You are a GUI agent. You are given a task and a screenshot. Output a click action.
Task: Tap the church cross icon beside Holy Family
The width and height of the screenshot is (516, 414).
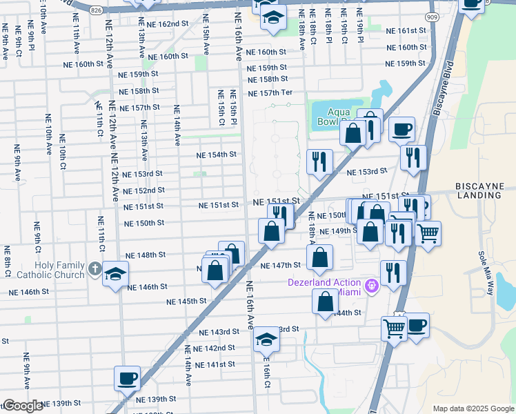[x=95, y=268]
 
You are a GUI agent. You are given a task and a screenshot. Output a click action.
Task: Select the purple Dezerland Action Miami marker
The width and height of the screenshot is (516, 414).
[x=372, y=284]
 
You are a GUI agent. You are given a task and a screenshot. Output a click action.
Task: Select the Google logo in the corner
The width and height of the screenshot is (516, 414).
[x=23, y=406]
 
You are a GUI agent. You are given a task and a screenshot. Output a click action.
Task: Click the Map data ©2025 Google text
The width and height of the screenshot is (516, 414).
[x=473, y=408]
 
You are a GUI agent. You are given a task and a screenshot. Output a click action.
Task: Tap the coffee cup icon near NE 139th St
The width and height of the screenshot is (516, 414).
[x=127, y=378]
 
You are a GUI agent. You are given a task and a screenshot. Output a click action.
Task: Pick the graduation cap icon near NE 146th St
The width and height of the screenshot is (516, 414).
[x=115, y=274]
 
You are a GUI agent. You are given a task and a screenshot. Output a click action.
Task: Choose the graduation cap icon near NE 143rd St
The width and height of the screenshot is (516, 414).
[x=266, y=339]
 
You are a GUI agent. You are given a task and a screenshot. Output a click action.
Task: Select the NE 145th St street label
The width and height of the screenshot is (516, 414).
[x=186, y=301]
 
